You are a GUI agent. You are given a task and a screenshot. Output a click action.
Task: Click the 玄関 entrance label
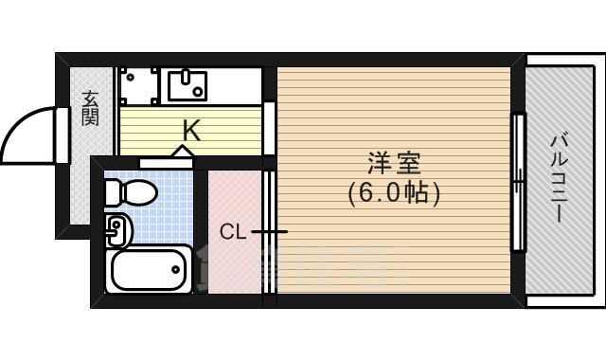coord(90,107)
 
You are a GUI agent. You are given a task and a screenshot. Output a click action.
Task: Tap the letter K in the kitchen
coord(190,131)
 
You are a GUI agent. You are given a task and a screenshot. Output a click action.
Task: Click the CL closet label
coord(233,231)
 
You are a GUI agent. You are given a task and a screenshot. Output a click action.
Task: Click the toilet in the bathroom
coord(133,194)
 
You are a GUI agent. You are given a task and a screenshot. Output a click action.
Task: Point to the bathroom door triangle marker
coord(182,153)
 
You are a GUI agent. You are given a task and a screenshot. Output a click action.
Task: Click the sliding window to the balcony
coord(518,182)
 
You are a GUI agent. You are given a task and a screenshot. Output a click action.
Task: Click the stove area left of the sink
coord(138,84)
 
